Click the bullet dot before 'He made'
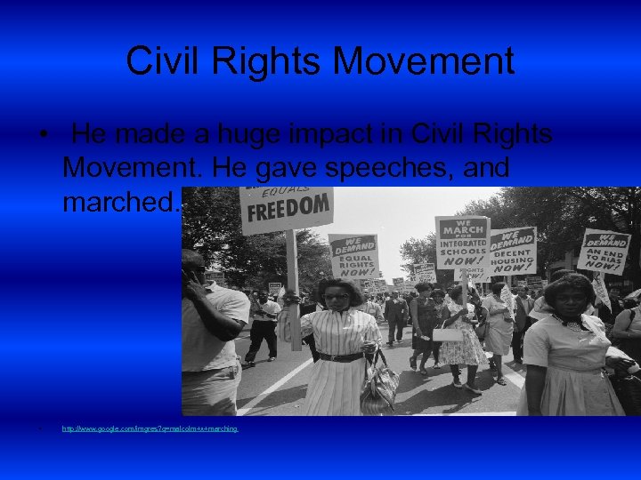[x=43, y=136]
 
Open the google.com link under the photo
[x=150, y=428]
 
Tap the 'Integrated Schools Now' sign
[x=462, y=242]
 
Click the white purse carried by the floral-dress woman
[x=448, y=334]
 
